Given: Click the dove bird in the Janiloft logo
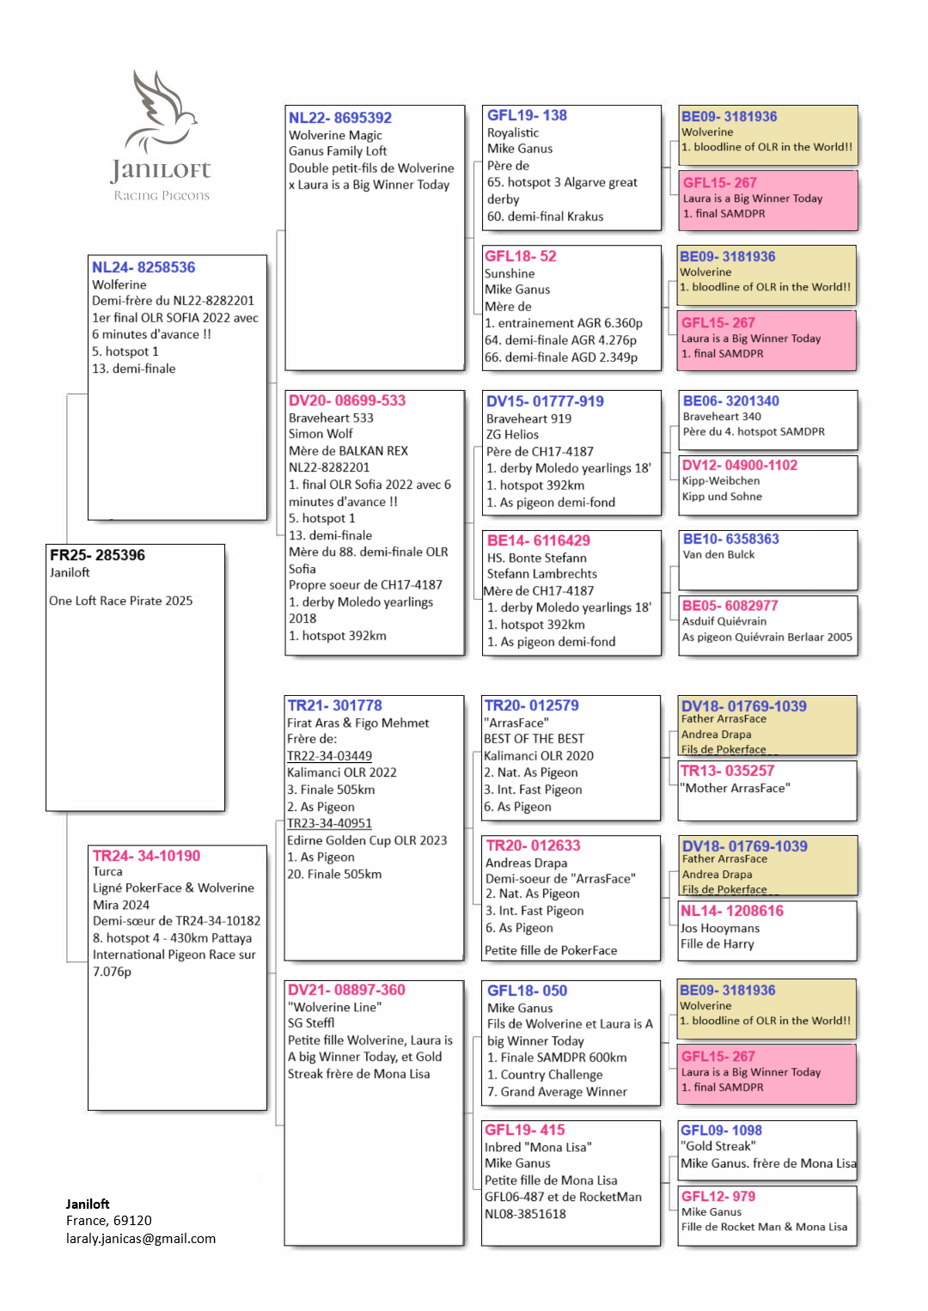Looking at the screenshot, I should [x=162, y=112].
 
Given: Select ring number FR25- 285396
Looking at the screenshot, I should [x=97, y=555].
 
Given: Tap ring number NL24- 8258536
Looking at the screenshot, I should [x=143, y=267].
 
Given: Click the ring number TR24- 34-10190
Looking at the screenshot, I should [x=146, y=856].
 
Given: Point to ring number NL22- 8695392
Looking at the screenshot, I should [x=340, y=118].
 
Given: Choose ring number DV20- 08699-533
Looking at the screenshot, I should [x=347, y=400].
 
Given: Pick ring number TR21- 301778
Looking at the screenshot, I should [x=334, y=705].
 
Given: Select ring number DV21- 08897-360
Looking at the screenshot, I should [x=346, y=990].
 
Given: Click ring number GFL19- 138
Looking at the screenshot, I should [x=527, y=115].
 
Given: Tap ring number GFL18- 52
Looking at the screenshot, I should [x=521, y=256].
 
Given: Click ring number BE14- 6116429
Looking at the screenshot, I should [x=538, y=540].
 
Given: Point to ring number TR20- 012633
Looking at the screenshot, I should [x=533, y=845].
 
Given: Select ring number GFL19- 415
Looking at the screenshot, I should [x=525, y=1130].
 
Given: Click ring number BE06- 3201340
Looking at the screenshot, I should [x=730, y=400].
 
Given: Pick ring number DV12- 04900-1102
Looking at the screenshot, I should [x=739, y=465].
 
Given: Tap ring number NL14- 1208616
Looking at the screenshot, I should [x=731, y=911].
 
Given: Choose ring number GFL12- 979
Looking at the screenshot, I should [x=718, y=1196].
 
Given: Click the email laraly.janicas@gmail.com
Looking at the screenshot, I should [x=141, y=1238].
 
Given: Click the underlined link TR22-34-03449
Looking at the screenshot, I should [x=329, y=756].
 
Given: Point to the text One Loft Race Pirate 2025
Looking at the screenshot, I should [x=120, y=601].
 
